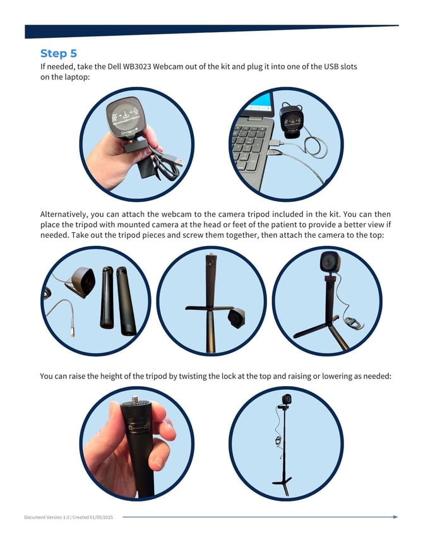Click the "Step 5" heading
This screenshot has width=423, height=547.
[x=59, y=54]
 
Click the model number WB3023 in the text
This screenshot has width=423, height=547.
[x=137, y=67]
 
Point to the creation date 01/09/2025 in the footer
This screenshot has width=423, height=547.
[x=101, y=517]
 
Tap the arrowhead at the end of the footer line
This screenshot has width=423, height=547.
[x=395, y=517]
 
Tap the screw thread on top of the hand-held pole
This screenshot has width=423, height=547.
[x=135, y=399]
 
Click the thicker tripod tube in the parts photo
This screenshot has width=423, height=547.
[x=126, y=301]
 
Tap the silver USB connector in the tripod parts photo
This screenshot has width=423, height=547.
[x=72, y=329]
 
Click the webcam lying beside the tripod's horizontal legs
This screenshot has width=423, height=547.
[x=236, y=318]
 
